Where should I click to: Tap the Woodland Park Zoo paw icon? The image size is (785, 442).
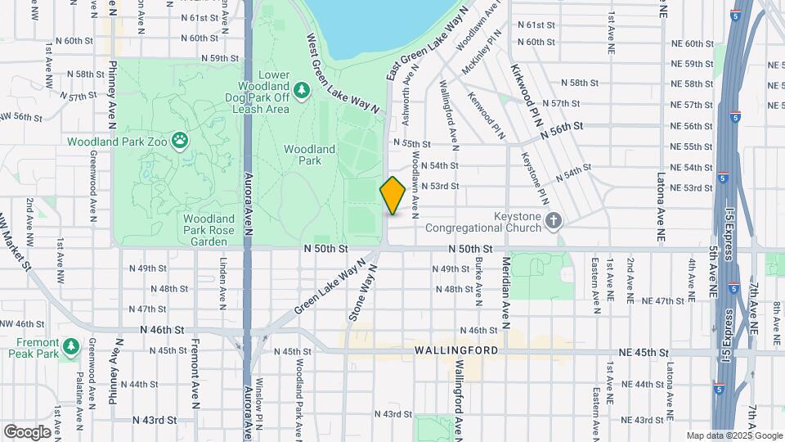pos(179,140)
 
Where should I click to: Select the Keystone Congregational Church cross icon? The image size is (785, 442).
pos(554,220)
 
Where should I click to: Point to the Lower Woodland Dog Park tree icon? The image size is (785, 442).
pos(301,89)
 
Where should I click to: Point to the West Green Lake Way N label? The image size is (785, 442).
pos(343,73)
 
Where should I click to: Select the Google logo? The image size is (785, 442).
pos(26,432)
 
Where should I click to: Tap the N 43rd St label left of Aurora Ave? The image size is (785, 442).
pos(154,420)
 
